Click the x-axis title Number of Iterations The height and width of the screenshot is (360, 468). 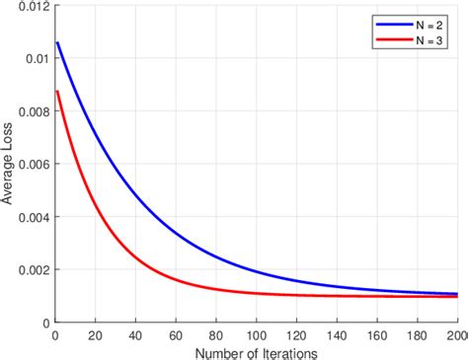(256, 350)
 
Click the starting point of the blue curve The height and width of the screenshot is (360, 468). (58, 42)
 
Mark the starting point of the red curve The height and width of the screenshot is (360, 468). (58, 92)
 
